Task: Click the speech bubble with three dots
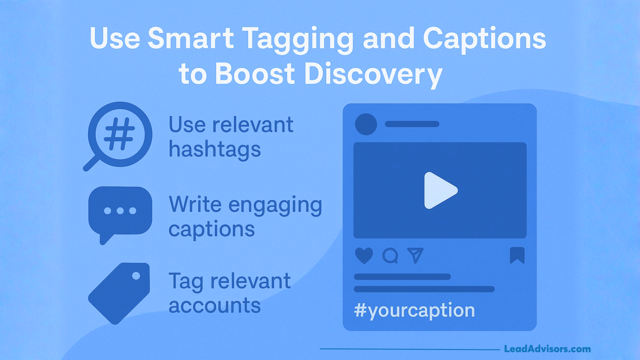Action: click(120, 211)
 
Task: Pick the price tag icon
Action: click(119, 293)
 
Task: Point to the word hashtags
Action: click(215, 149)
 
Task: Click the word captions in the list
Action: click(212, 229)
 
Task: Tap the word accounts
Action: click(215, 306)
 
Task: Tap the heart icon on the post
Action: click(364, 256)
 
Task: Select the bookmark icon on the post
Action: click(517, 255)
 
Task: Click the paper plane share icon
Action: click(415, 255)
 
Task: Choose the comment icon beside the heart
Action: click(390, 256)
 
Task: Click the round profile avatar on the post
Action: click(366, 124)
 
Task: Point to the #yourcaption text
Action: click(414, 310)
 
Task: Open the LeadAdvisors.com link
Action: click(547, 349)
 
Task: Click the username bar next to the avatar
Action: click(412, 124)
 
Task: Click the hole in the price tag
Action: click(136, 276)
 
